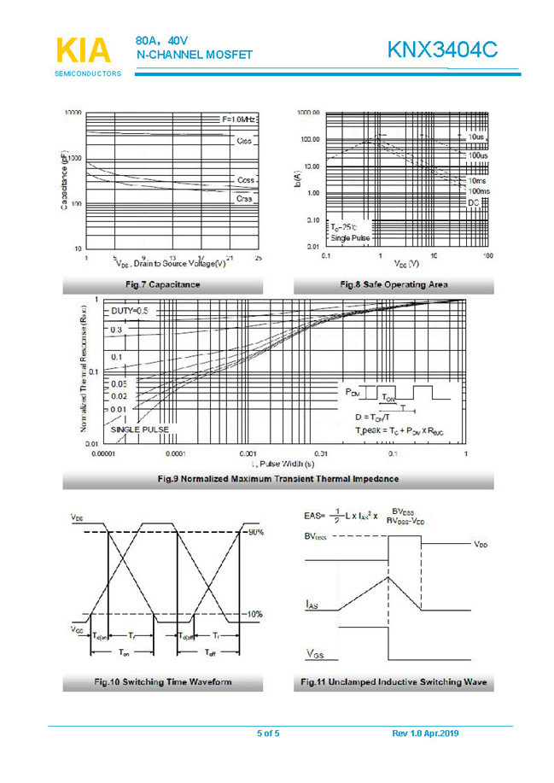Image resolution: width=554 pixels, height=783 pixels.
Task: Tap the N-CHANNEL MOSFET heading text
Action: pos(195,56)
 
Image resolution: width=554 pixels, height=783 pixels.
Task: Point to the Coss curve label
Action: pos(245,181)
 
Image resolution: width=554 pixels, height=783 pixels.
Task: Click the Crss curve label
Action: pos(243,199)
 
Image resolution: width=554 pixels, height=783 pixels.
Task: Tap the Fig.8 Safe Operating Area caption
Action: pos(394,284)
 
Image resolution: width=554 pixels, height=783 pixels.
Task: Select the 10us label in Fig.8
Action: pos(476,137)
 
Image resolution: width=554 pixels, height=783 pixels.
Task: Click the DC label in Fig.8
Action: pos(474,201)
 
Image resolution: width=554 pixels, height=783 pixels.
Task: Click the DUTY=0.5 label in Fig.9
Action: pos(130,312)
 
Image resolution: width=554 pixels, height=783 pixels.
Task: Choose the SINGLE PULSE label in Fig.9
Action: pos(139,429)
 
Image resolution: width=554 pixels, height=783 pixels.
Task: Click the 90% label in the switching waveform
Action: pos(254,533)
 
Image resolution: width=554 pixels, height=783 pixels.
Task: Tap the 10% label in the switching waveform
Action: pos(254,613)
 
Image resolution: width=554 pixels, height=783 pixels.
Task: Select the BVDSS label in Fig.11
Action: pos(319,538)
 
